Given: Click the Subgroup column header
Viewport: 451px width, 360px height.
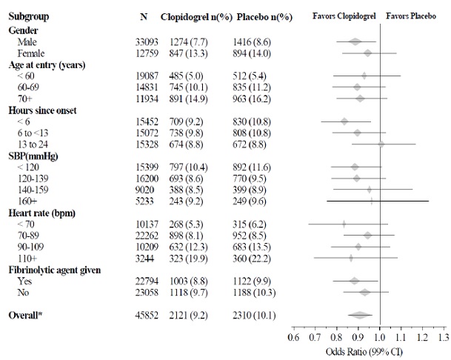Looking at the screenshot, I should [x=30, y=16].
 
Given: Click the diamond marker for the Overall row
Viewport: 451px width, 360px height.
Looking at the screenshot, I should [x=361, y=316].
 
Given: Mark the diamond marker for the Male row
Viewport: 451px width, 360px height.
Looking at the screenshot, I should [x=355, y=41].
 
